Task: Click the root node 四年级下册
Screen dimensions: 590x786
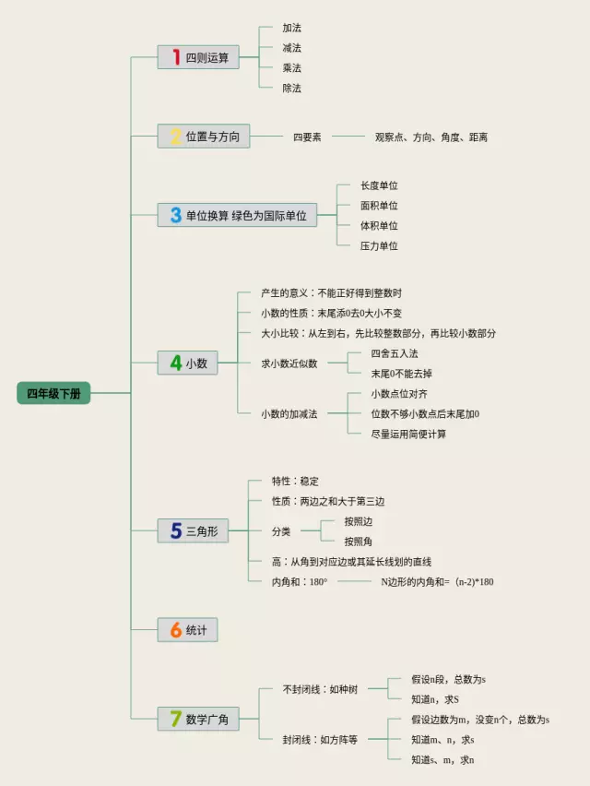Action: pyautogui.click(x=53, y=393)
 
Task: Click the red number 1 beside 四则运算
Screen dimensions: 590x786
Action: pyautogui.click(x=175, y=57)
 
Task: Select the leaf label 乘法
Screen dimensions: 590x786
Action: pyautogui.click(x=292, y=68)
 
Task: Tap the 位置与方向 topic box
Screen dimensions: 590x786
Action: pyautogui.click(x=203, y=137)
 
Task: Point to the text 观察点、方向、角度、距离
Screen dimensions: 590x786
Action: pyautogui.click(x=431, y=137)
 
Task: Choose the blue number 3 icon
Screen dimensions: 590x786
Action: pyautogui.click(x=175, y=216)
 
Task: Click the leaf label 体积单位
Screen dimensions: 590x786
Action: pyautogui.click(x=379, y=226)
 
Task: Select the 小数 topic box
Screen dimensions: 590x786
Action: pyautogui.click(x=188, y=363)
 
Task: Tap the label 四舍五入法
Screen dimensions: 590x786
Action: pyautogui.click(x=395, y=353)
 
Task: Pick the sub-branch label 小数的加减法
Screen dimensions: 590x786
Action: pyautogui.click(x=289, y=414)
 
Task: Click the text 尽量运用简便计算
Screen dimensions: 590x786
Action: pyautogui.click(x=408, y=435)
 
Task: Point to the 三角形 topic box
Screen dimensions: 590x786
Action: pyautogui.click(x=192, y=531)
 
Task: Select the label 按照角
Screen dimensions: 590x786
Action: pyautogui.click(x=358, y=542)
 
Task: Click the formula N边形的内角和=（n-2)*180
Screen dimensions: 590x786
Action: pyautogui.click(x=437, y=582)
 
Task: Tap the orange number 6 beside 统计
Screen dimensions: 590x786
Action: pyautogui.click(x=175, y=630)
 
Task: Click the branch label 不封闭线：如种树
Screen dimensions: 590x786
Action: pyautogui.click(x=320, y=689)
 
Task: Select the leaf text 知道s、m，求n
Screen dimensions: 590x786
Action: pyautogui.click(x=442, y=760)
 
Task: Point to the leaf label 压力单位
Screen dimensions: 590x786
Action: pyautogui.click(x=379, y=246)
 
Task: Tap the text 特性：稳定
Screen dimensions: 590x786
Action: pyautogui.click(x=295, y=482)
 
